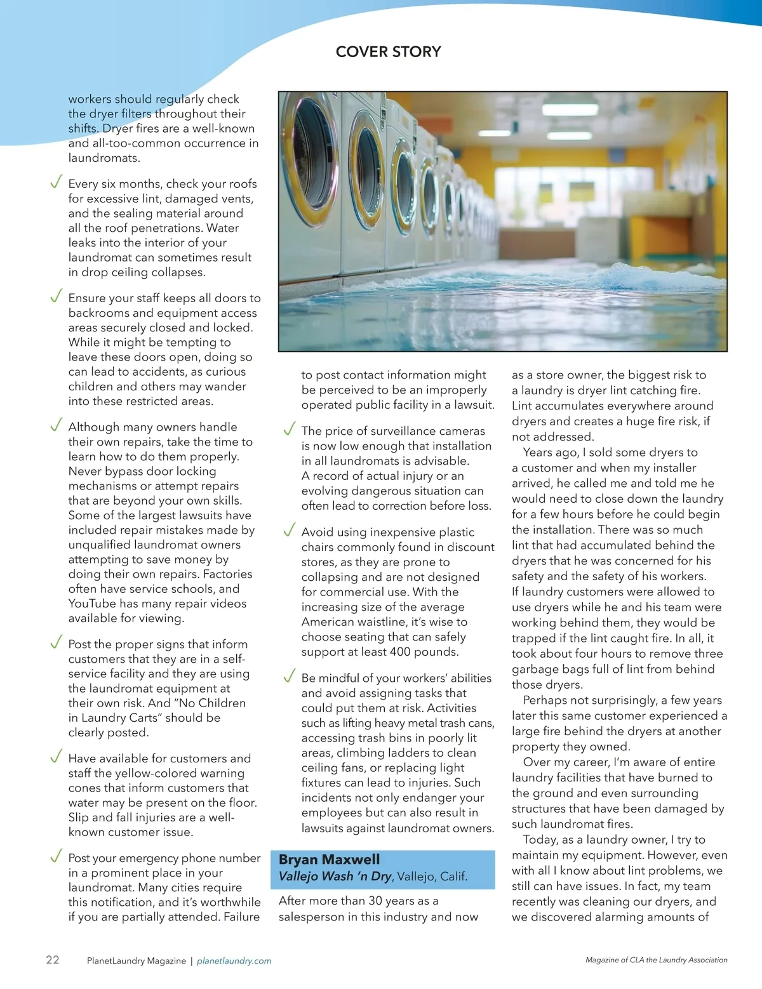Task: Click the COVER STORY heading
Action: click(388, 52)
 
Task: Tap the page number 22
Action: click(53, 959)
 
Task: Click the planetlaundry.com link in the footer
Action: click(234, 961)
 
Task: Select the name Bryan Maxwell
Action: click(329, 860)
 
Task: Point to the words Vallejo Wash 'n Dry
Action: click(335, 877)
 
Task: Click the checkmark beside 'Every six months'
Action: click(56, 183)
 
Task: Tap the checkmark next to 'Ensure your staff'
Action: click(56, 296)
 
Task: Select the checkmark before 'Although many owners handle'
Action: click(56, 425)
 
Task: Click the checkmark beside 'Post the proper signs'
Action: click(56, 642)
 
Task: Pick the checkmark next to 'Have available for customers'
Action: click(56, 757)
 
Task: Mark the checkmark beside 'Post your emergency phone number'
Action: click(56, 856)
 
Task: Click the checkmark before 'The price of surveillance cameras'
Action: click(290, 430)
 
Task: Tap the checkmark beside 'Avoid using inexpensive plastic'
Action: click(290, 531)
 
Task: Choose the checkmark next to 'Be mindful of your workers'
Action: click(290, 677)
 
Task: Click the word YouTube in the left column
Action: click(90, 604)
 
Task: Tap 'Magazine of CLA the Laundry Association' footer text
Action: click(656, 960)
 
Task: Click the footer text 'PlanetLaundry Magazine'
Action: click(137, 961)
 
